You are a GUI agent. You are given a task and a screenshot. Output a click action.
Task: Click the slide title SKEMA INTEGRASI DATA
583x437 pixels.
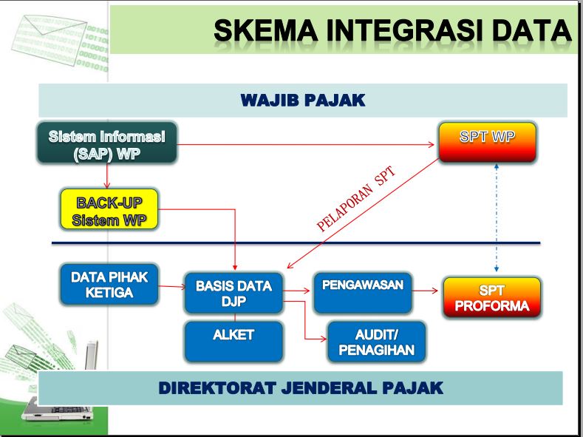click(x=392, y=30)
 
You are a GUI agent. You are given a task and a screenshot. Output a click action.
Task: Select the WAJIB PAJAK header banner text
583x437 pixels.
click(x=303, y=101)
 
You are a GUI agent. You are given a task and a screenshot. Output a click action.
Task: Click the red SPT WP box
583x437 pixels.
click(x=487, y=143)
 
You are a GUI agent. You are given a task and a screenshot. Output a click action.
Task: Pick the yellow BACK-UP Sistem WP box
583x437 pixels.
click(x=109, y=209)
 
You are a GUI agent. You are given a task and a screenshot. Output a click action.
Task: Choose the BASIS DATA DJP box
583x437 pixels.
click(x=233, y=294)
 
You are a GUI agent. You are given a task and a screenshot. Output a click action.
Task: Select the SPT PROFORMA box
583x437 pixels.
click(x=491, y=298)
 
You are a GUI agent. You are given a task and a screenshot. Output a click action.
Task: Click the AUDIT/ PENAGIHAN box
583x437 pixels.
click(x=376, y=342)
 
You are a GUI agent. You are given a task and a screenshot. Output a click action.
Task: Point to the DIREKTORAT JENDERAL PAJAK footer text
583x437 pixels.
click(x=300, y=387)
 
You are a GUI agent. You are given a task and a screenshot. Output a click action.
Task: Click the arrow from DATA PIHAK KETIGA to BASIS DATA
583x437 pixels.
click(x=171, y=285)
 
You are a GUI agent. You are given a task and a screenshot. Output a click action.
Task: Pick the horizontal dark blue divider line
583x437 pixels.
click(x=296, y=243)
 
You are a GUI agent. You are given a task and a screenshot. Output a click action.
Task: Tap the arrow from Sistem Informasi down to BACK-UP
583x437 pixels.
click(x=107, y=175)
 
